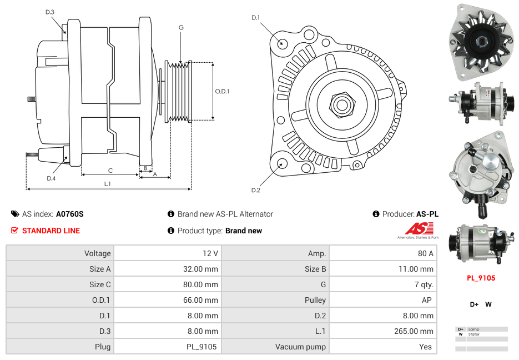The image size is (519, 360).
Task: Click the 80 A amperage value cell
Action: pos(425,253)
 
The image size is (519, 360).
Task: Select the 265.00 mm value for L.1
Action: pos(419,331)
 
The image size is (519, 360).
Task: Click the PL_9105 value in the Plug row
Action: pos(201,347)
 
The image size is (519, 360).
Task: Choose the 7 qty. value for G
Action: pos(425,284)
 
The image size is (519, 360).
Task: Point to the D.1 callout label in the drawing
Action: pos(255,18)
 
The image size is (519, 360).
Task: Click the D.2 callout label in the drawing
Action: pos(255,191)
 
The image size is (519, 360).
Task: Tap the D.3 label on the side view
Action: pos(50,12)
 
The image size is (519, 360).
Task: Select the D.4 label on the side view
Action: pos(51,178)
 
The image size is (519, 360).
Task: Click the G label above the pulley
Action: pos(181,27)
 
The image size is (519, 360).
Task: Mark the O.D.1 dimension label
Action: pos(222,92)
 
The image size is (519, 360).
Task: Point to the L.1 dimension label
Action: pos(108,184)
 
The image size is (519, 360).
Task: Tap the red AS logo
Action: pos(419,228)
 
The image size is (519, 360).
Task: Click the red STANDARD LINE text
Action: pos(51,231)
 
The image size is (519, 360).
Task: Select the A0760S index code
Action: pos(70,214)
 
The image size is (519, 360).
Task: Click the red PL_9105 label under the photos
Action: pos(481,278)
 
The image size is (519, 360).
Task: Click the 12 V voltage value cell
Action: pos(210,253)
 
